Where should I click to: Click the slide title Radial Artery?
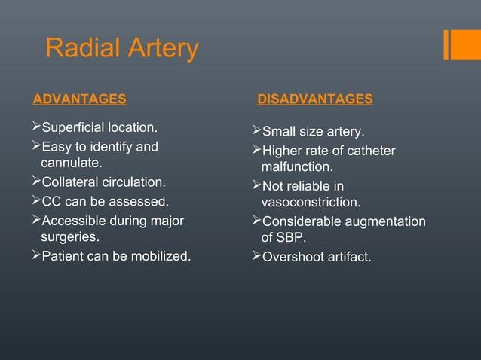[122, 48]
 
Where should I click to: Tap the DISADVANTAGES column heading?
[315, 99]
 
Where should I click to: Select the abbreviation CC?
[51, 201]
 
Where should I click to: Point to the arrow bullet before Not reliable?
[255, 185]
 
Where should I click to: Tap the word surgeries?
[69, 238]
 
